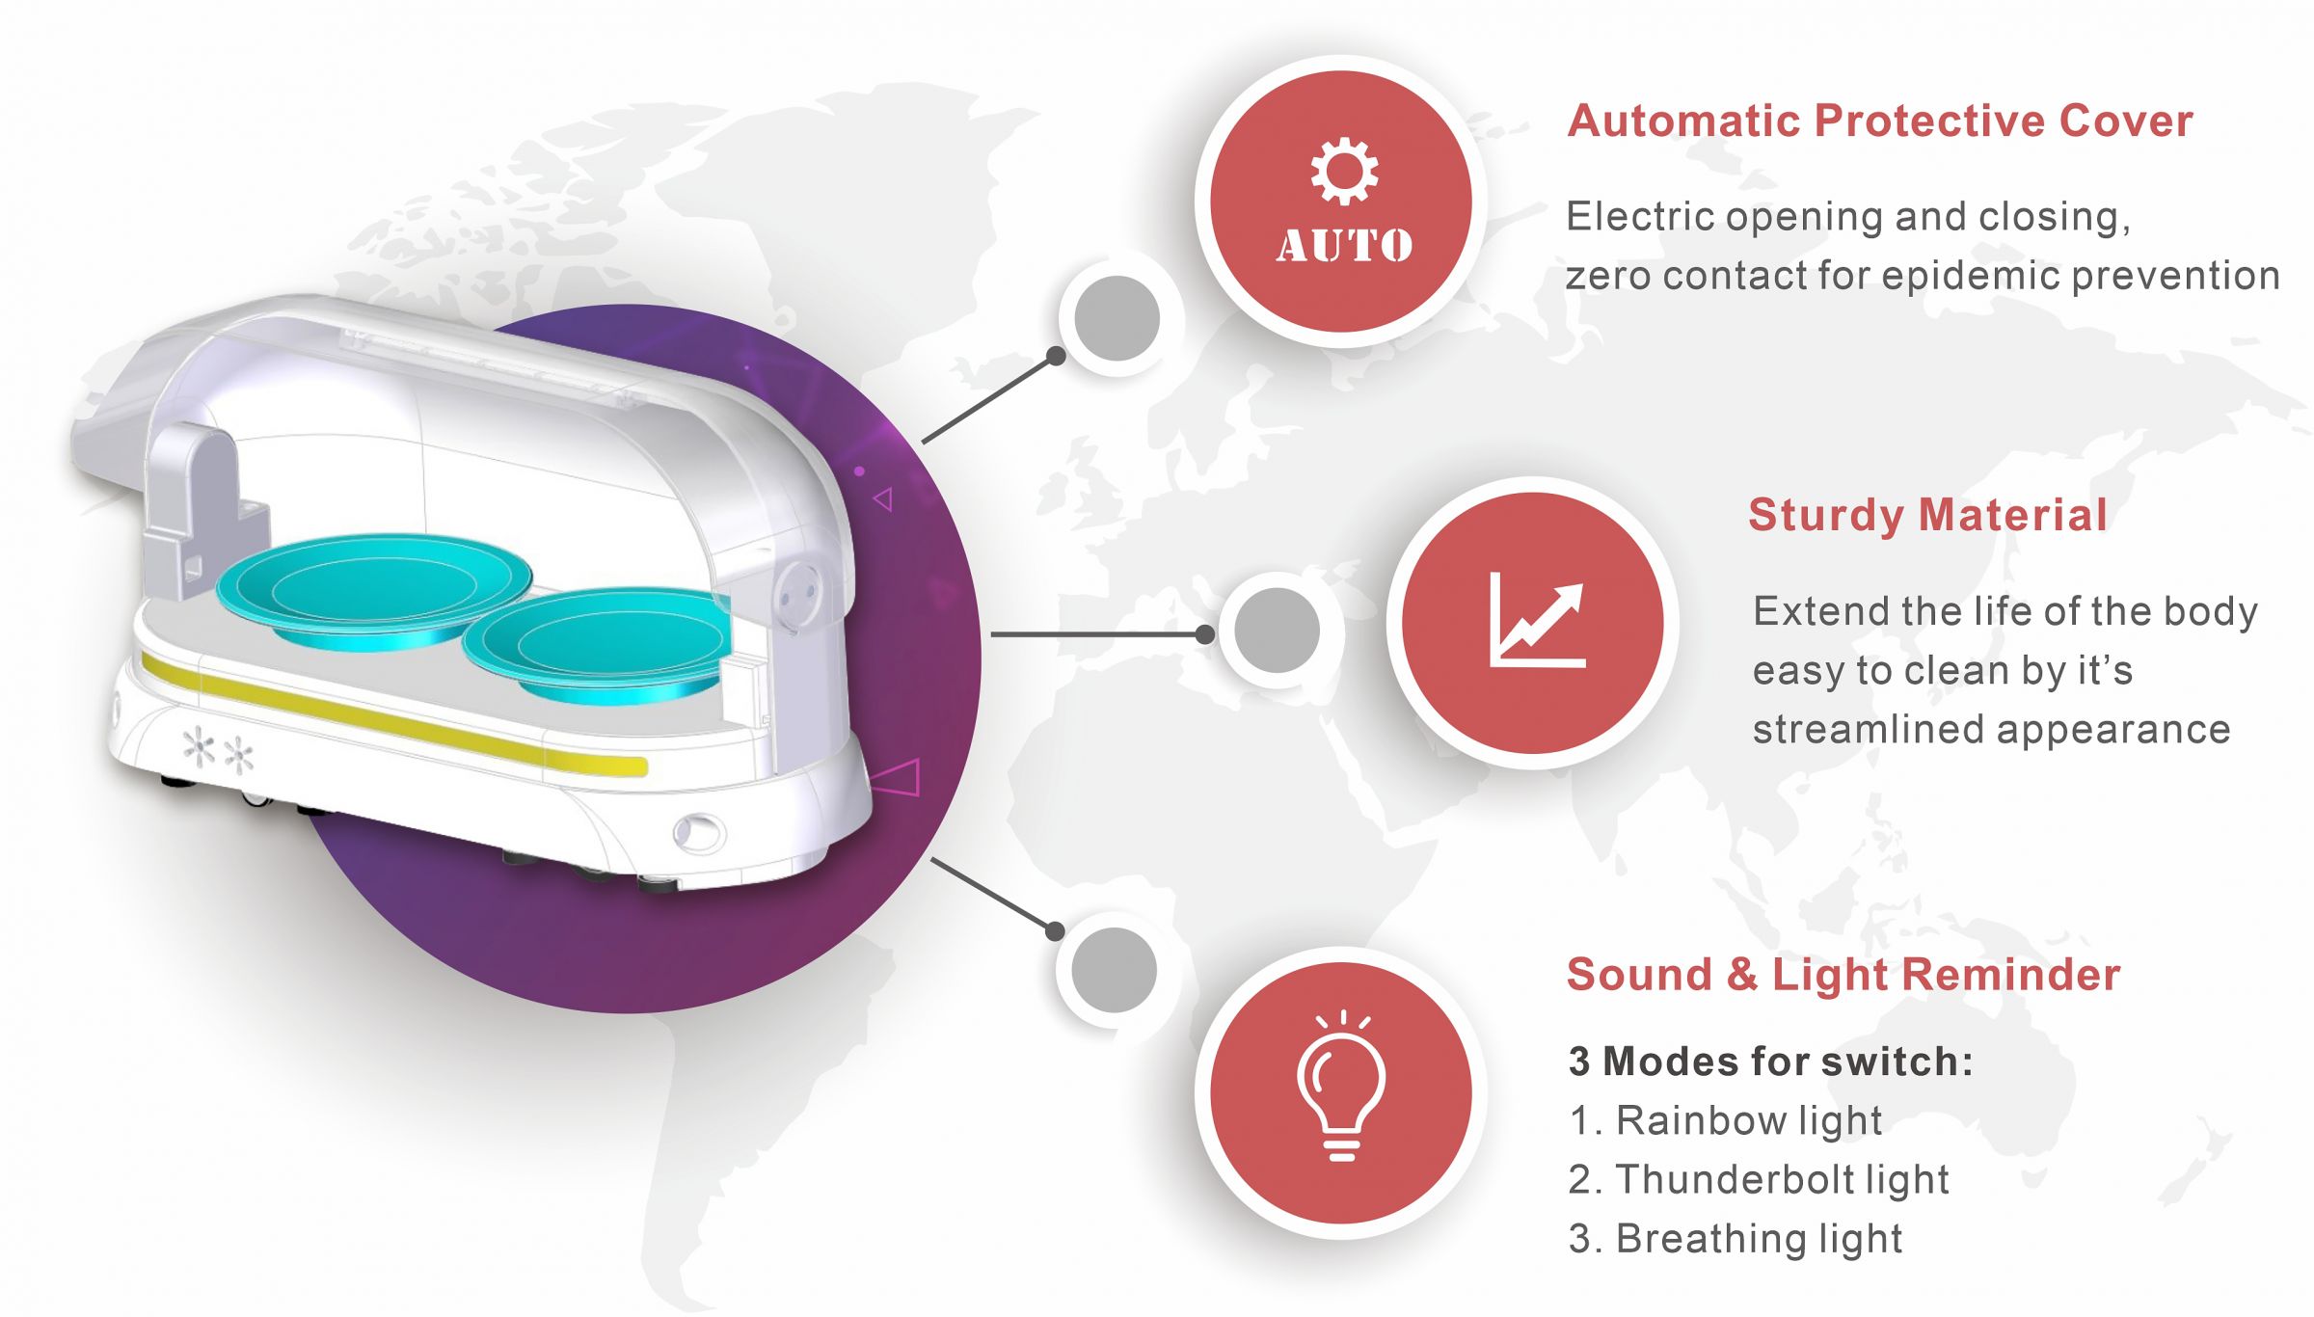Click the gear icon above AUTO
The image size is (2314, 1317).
(x=1344, y=172)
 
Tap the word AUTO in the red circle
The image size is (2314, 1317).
(x=1345, y=245)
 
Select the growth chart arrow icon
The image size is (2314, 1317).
(x=1537, y=619)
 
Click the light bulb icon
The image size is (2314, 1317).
(x=1342, y=1086)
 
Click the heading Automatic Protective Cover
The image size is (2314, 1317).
(x=1880, y=121)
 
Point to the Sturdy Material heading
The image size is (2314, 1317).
(x=1927, y=515)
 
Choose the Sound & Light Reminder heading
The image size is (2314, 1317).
(x=1843, y=974)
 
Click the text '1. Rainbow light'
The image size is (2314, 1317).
(x=1725, y=1121)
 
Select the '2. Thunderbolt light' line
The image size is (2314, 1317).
(x=1759, y=1179)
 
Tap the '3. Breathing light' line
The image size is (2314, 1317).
(x=1735, y=1239)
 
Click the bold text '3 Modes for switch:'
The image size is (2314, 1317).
(x=1770, y=1062)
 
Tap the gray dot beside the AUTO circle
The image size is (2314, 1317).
(x=1117, y=318)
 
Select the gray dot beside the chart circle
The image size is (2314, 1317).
(x=1277, y=630)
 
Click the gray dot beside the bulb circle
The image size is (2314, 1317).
(x=1114, y=970)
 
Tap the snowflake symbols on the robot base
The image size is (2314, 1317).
(x=219, y=751)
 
